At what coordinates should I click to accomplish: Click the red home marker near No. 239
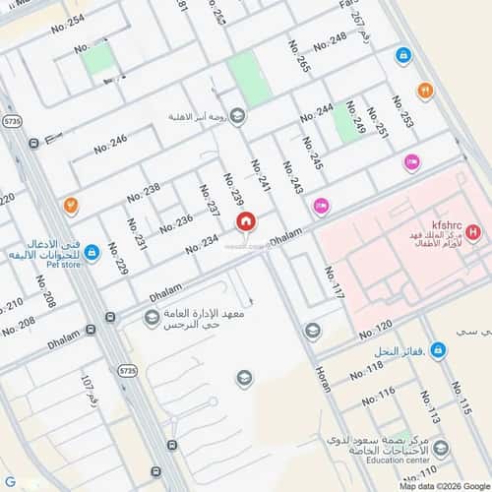click(245, 222)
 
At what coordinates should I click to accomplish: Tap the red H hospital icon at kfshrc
click(473, 233)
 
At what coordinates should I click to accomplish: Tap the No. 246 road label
click(110, 144)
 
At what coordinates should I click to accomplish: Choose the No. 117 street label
click(335, 281)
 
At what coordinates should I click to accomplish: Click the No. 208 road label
click(19, 324)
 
